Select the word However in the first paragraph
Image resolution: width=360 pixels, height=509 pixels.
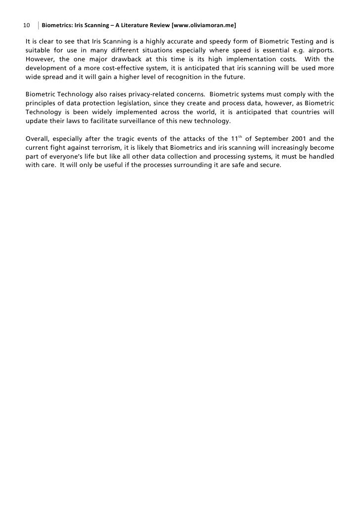click(x=39, y=60)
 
